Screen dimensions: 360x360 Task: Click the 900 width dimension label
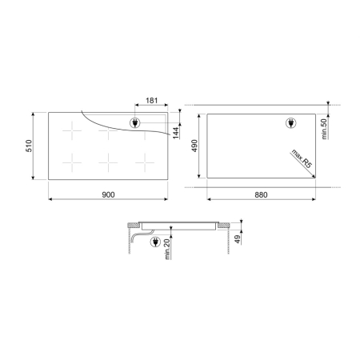coord(108,194)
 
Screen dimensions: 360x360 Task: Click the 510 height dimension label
coord(29,146)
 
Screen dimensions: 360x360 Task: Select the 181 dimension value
coord(151,101)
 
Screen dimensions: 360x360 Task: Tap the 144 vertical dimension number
coord(176,133)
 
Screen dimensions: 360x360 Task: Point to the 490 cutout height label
coord(194,146)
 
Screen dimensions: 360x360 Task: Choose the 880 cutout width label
coord(261,195)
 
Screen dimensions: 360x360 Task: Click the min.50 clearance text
coord(324,129)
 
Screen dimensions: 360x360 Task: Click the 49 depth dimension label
coord(238,239)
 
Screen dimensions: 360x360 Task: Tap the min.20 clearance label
coord(167,249)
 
